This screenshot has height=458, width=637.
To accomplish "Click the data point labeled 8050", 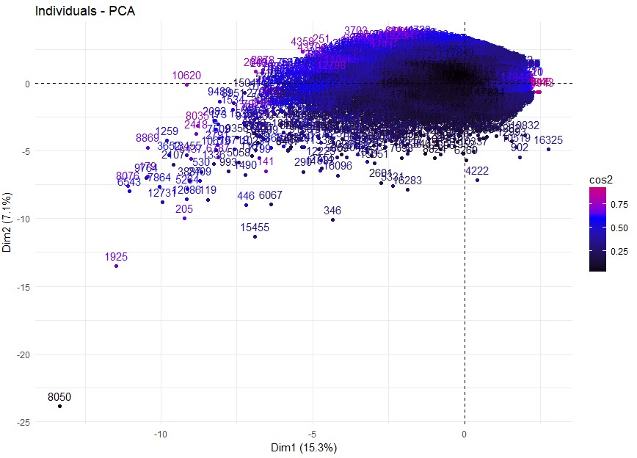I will tap(60, 406).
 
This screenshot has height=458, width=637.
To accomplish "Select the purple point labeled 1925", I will tap(116, 266).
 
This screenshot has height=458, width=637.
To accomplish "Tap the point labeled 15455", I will tap(255, 236).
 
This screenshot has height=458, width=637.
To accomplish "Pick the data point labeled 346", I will tap(332, 219).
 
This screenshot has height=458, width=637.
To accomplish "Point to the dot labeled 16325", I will tap(548, 149).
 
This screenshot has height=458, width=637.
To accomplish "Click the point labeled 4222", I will tap(477, 180).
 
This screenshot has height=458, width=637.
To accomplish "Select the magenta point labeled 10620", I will tap(187, 84).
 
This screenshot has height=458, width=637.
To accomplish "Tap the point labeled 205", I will tap(184, 218).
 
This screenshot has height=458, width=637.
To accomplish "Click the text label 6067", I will tap(271, 195).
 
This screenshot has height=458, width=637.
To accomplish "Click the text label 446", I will tap(246, 196).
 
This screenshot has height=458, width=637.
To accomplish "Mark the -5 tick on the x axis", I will tap(313, 434).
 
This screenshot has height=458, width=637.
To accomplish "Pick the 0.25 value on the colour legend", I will tap(621, 252).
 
